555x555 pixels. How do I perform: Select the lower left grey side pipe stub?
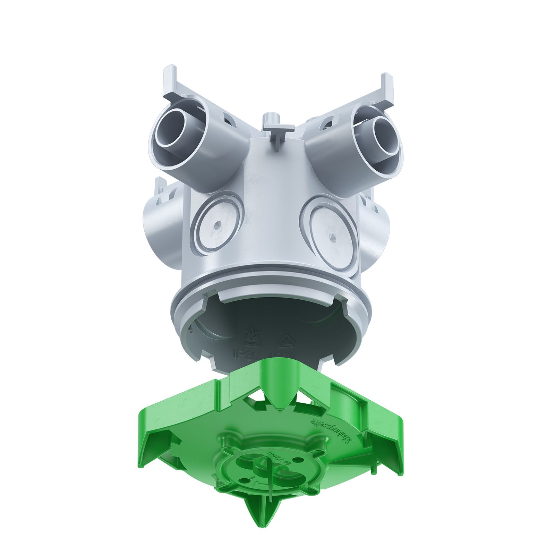coord(156,222)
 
